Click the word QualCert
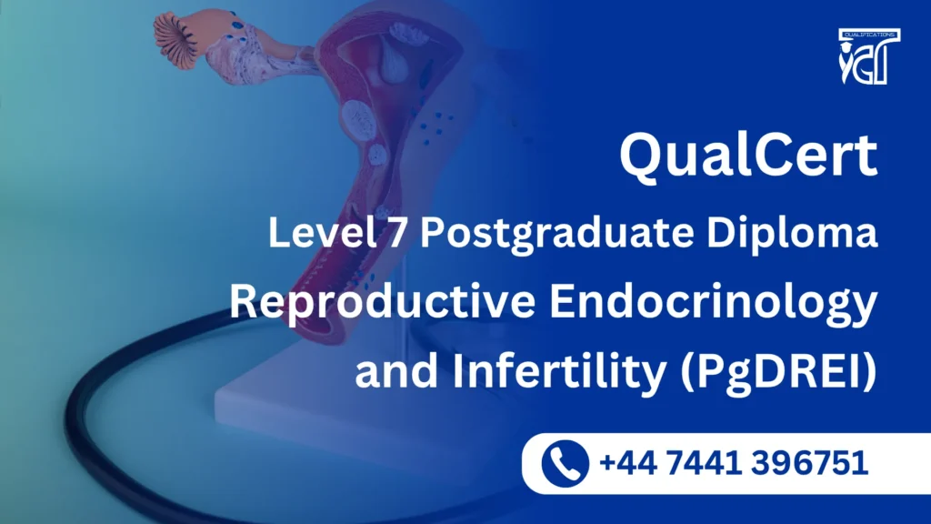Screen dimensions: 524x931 click(748, 156)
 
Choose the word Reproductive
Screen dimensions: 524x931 click(375, 302)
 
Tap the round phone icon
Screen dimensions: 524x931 click(565, 464)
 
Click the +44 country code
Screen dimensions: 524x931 click(626, 464)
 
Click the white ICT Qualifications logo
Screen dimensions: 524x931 click(870, 56)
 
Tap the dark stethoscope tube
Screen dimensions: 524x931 click(109, 428)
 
